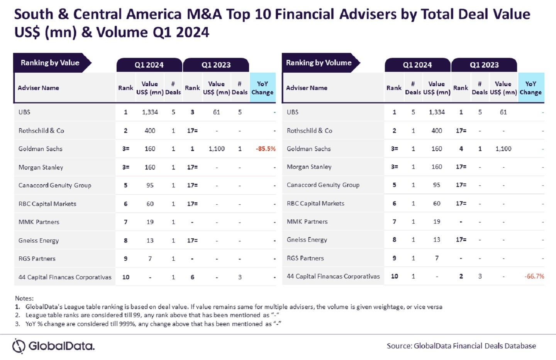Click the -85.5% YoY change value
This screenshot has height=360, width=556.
[x=265, y=149]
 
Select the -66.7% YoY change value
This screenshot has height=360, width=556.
[x=534, y=276]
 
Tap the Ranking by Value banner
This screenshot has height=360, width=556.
[x=50, y=63]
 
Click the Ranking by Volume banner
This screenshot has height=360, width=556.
[x=319, y=63]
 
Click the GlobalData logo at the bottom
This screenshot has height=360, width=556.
[x=54, y=346]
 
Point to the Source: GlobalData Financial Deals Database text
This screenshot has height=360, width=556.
[x=461, y=346]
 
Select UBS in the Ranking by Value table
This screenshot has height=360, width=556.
[x=24, y=112]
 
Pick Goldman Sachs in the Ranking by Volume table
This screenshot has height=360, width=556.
[x=309, y=149]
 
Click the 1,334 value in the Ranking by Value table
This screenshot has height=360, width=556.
[x=150, y=112]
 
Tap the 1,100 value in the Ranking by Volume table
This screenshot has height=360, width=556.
[x=503, y=149]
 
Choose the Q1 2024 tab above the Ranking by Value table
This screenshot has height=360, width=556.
[x=149, y=65]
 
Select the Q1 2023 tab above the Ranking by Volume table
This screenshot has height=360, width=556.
[x=484, y=65]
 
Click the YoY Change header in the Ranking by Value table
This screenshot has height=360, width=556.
[x=263, y=88]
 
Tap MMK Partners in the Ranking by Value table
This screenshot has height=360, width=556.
[x=39, y=222]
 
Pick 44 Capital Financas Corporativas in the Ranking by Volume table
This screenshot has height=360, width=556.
[x=333, y=276]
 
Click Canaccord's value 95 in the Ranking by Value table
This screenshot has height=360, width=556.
[x=150, y=185]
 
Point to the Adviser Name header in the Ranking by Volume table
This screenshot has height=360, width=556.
[x=307, y=88]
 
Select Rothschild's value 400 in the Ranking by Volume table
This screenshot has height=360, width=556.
[x=437, y=131]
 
